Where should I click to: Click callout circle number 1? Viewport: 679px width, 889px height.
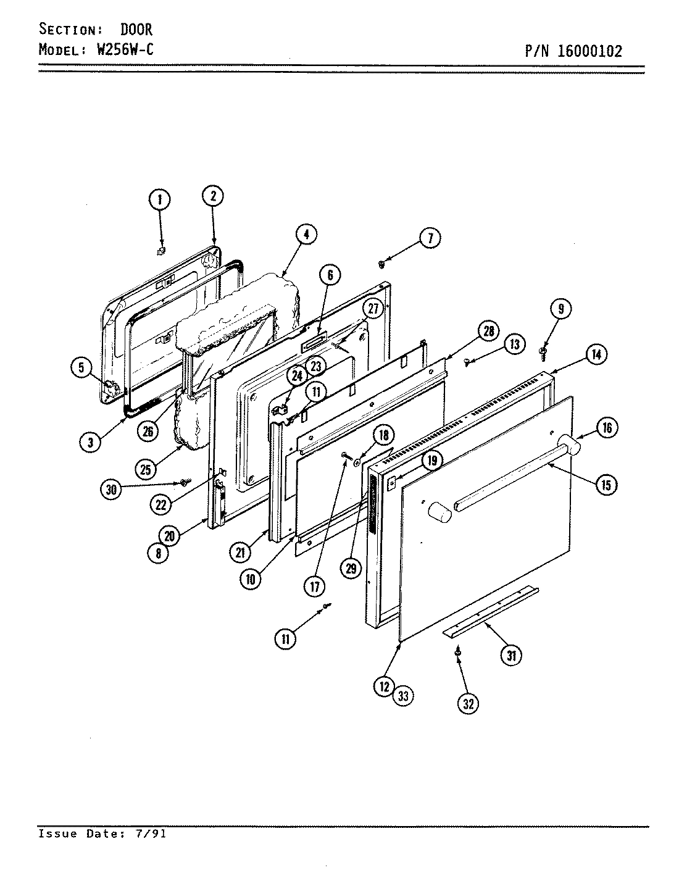pos(159,199)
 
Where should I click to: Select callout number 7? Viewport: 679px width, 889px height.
pos(430,238)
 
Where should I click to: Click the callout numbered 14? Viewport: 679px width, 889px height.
pos(596,355)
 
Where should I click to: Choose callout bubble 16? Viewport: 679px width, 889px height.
pos(607,427)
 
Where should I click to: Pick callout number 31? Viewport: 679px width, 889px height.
pos(510,656)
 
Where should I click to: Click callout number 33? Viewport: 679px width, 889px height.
pos(403,696)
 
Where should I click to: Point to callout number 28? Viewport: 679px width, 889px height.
pos(488,332)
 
